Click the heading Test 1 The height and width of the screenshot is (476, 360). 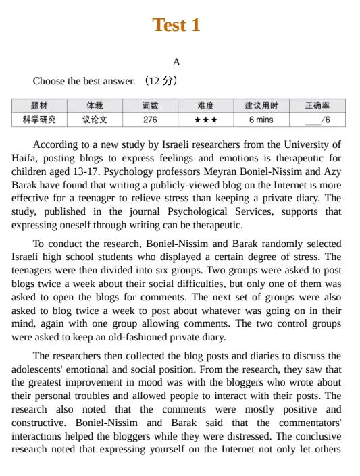coord(176,25)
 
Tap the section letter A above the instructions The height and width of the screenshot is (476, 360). coord(176,62)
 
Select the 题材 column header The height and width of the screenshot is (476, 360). coord(39,106)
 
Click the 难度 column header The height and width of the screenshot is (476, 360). coord(205,106)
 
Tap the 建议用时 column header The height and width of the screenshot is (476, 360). coord(261,106)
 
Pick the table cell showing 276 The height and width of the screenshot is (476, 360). coord(150,120)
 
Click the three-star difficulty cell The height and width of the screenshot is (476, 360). coord(205,120)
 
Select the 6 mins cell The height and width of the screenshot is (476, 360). coord(261,120)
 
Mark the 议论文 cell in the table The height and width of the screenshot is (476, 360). coord(95,120)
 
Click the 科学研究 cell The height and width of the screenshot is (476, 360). coord(39,120)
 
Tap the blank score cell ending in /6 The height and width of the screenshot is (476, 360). coord(317,120)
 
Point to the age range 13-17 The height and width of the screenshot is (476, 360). coord(95,171)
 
